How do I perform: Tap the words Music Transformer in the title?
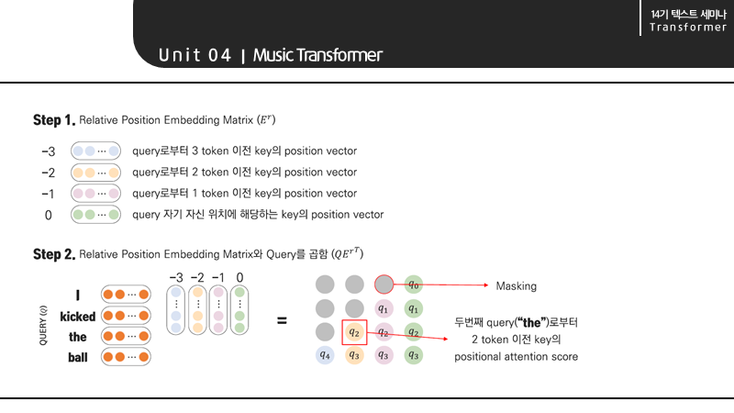pyautogui.click(x=317, y=55)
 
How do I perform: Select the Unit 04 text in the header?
pyautogui.click(x=195, y=55)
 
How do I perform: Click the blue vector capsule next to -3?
pyautogui.click(x=96, y=151)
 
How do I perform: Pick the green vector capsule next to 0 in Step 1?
pyautogui.click(x=96, y=215)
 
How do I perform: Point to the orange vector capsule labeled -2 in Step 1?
pyautogui.click(x=96, y=172)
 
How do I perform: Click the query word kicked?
pyautogui.click(x=77, y=316)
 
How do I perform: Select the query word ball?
pyautogui.click(x=77, y=357)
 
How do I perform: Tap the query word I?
pyautogui.click(x=78, y=295)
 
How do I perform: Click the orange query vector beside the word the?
pyautogui.click(x=126, y=336)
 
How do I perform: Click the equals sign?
pyautogui.click(x=282, y=321)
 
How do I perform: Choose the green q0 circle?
pyautogui.click(x=414, y=285)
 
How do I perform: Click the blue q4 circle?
pyautogui.click(x=324, y=354)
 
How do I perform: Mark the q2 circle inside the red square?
pyautogui.click(x=353, y=331)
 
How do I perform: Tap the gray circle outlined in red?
pyautogui.click(x=384, y=285)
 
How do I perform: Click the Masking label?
pyautogui.click(x=516, y=285)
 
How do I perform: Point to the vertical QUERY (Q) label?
pyautogui.click(x=42, y=325)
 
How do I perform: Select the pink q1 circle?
pyautogui.click(x=384, y=308)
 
